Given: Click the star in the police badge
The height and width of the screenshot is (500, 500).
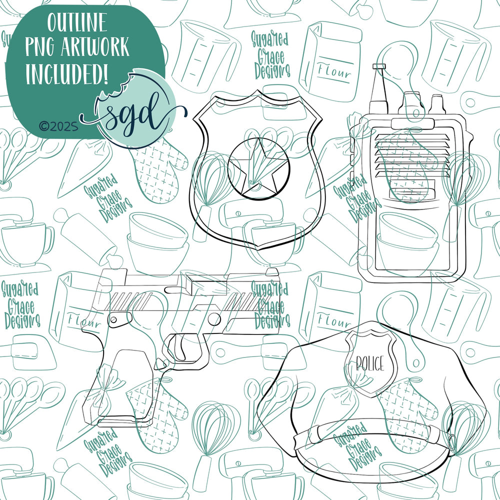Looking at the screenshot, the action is pos(258,167).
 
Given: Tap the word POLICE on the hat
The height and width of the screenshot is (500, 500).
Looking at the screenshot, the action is pos(370,363).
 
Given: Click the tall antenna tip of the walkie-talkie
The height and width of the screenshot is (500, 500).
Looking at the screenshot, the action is pos(379,66).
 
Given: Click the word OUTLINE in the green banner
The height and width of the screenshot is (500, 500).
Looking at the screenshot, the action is pos(77,22).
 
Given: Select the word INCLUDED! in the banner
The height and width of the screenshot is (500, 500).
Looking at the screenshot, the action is pos(66,74).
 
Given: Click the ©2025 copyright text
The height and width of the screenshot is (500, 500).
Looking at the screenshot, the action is pos(58,126).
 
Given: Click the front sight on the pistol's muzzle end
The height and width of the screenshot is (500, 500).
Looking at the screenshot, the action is pos(271,271).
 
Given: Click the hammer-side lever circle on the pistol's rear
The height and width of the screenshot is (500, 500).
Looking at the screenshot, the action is pos(113,319).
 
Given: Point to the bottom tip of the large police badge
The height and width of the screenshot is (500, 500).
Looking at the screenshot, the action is pos(257,249).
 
